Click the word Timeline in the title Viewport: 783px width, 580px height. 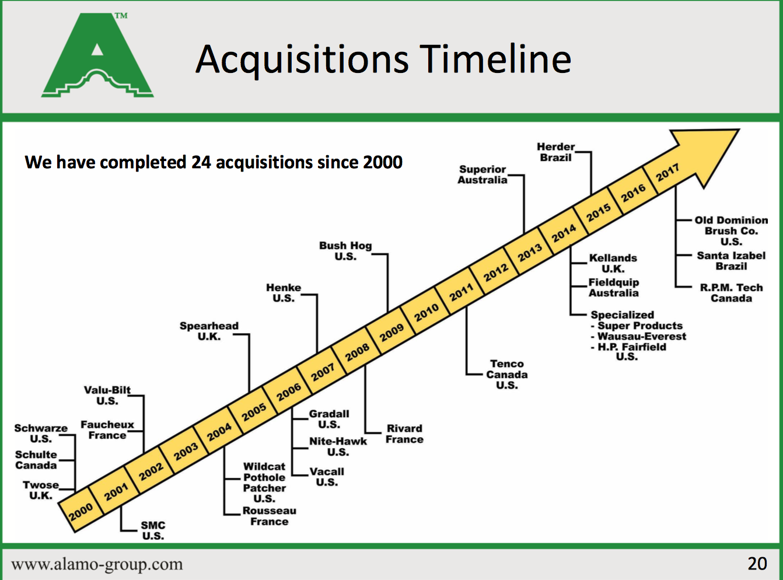[x=495, y=59]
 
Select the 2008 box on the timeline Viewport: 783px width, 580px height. [x=357, y=352]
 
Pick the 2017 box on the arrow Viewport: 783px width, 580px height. [x=667, y=172]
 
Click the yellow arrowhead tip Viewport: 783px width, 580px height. [x=739, y=130]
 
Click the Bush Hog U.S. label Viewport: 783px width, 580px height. [x=345, y=251]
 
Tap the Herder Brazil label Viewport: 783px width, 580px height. [x=555, y=152]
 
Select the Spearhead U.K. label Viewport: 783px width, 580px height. [x=209, y=331]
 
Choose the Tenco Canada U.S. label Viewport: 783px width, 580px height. [x=507, y=375]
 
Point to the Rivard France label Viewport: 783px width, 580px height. [x=404, y=434]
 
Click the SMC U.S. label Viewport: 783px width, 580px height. [x=153, y=530]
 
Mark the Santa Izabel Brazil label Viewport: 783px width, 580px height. [x=731, y=261]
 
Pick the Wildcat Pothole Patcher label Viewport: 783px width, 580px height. [x=264, y=483]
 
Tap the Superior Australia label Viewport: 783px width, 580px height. [x=482, y=174]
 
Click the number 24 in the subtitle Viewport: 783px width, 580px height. [x=201, y=162]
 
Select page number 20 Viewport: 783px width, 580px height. [x=757, y=564]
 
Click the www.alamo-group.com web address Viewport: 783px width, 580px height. [x=97, y=564]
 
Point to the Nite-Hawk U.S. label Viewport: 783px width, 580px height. [x=338, y=446]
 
